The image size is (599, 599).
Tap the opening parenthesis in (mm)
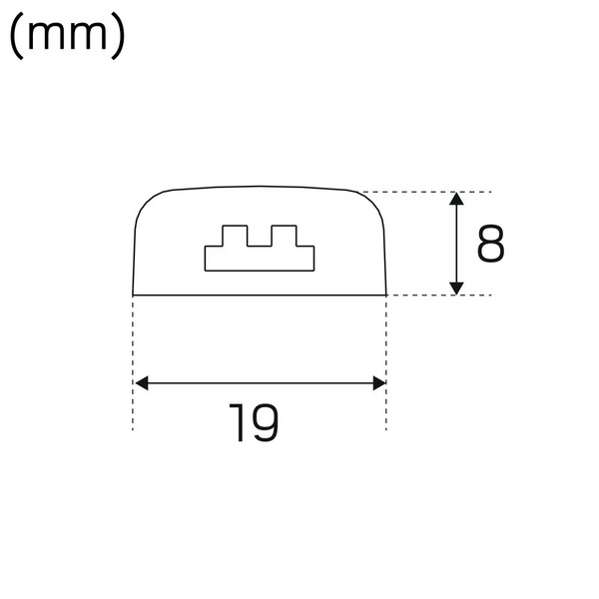(x=17, y=38)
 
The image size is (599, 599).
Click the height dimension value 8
(x=490, y=244)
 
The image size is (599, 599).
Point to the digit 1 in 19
(x=237, y=423)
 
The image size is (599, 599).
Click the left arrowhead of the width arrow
(x=141, y=382)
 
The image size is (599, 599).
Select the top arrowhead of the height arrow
(x=456, y=200)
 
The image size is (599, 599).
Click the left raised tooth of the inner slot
(x=234, y=236)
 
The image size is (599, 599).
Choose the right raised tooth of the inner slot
(x=285, y=236)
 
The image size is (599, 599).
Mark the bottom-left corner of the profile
(x=134, y=295)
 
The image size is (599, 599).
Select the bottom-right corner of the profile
(x=386, y=295)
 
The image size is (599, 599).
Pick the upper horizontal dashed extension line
(x=429, y=192)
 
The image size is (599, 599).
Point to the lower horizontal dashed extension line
(x=439, y=295)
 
